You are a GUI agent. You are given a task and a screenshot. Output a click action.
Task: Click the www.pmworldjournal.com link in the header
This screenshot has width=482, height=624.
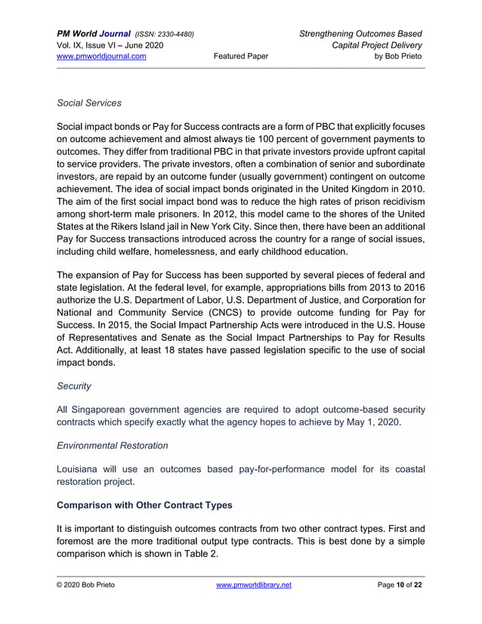coord(102,56)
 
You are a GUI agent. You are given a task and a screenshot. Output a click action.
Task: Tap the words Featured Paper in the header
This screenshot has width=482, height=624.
coord(241,56)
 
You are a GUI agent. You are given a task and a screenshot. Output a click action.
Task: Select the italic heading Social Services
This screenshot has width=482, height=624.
coord(90,103)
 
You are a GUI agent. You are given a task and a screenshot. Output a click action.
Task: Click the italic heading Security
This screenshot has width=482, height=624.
coord(74,386)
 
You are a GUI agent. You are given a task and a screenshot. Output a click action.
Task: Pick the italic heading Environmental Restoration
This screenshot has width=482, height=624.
coord(113,446)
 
